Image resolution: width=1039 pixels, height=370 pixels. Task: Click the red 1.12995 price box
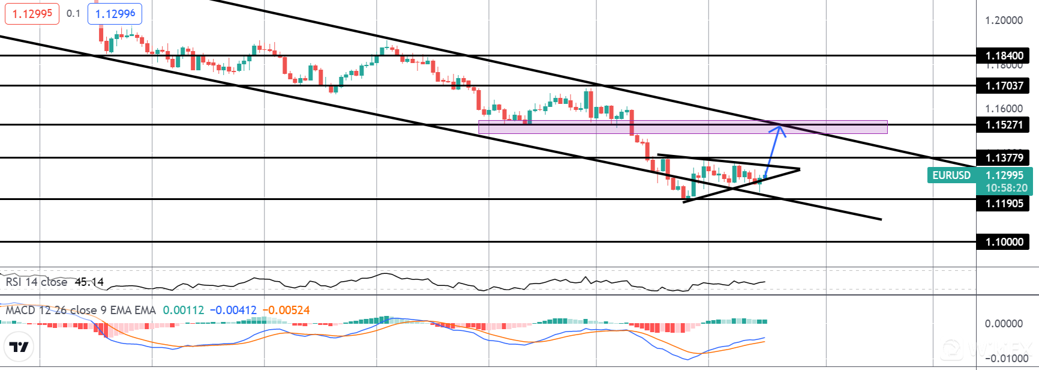pos(32,13)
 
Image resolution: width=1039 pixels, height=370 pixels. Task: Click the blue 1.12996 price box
pos(115,13)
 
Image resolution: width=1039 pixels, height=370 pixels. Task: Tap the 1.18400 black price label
pos(1003,56)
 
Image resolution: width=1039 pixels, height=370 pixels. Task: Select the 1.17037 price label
pos(1003,86)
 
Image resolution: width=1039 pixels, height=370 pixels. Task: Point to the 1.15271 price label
pos(1003,125)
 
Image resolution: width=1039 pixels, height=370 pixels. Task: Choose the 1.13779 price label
pos(1003,158)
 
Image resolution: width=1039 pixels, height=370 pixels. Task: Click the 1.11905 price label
pos(1003,204)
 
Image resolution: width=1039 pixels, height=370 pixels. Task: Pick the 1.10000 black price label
pos(1003,242)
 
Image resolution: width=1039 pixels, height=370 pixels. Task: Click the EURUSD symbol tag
pos(951,175)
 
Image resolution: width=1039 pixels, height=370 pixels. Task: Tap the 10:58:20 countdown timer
pos(1006,188)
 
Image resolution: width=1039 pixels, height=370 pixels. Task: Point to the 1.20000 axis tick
pos(1004,20)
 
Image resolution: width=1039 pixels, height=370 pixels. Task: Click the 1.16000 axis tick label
pos(1004,109)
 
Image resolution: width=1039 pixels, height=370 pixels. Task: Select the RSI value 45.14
pos(89,282)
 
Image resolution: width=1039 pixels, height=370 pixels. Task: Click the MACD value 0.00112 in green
pos(184,311)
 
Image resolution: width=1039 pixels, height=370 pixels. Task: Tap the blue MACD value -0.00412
pos(233,311)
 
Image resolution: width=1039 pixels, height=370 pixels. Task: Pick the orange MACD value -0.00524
pos(286,311)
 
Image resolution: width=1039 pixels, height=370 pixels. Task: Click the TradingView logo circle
pos(19,347)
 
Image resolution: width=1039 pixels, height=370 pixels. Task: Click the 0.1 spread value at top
pos(73,13)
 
